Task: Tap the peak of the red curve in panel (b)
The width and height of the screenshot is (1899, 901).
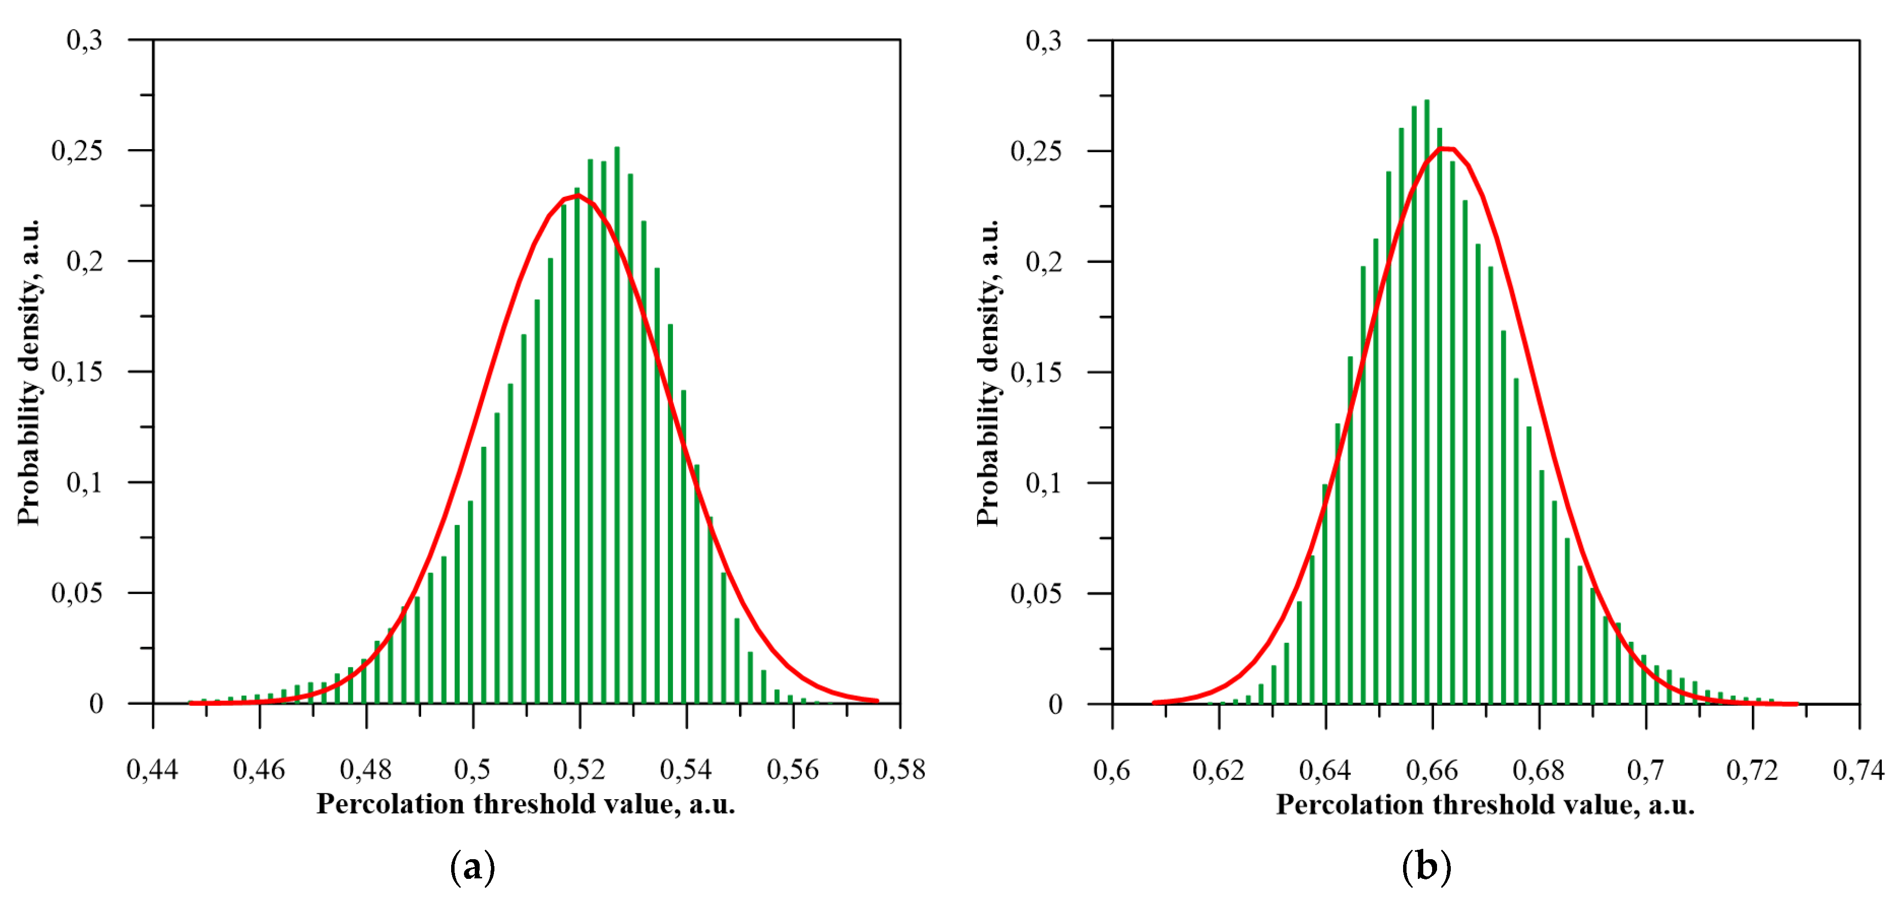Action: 1446,149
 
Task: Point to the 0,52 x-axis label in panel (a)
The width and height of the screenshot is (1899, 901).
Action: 580,770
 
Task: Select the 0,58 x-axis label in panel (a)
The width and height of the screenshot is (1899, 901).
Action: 899,770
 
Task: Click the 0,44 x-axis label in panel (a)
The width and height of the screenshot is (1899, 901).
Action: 153,770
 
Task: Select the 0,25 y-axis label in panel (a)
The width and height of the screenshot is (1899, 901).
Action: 77,151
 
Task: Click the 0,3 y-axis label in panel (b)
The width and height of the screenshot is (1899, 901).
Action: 1044,40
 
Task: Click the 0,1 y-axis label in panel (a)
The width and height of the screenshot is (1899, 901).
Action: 85,483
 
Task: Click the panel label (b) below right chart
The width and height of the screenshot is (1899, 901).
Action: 1426,867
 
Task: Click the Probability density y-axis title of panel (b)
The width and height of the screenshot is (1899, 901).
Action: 988,373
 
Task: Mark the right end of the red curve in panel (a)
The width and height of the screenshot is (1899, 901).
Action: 877,700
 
